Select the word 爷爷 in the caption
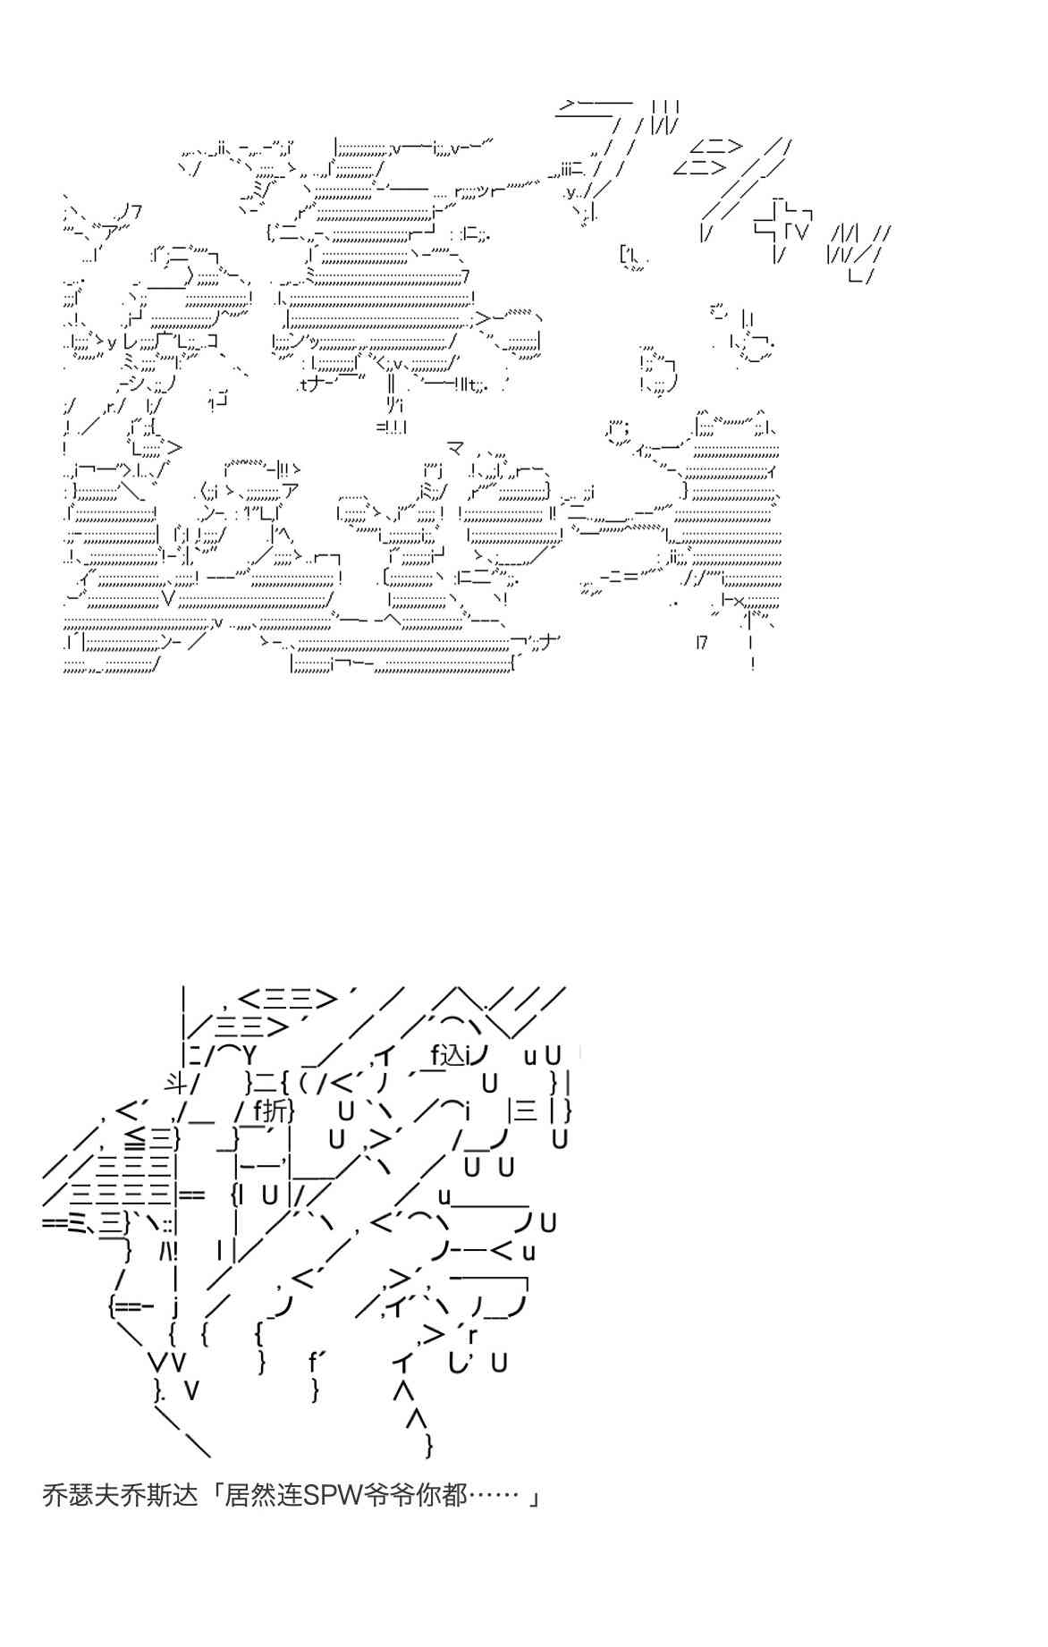coord(391,1495)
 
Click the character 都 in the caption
coord(454,1495)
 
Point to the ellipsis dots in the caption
coord(493,1495)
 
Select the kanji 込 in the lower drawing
coord(456,1055)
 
